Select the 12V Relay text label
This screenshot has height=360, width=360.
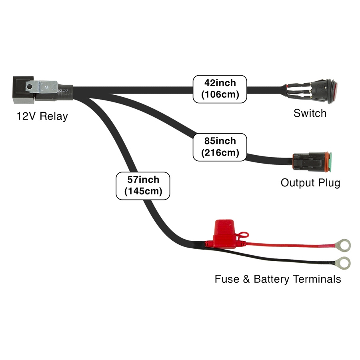coord(42,116)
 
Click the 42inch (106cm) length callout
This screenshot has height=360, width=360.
coord(220,89)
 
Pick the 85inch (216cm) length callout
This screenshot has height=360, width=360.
coord(220,147)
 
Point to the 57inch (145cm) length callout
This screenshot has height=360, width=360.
coord(143,186)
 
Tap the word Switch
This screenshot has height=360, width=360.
coord(310,113)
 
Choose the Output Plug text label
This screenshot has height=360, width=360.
coord(310,183)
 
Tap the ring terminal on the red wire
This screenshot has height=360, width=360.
coord(344,242)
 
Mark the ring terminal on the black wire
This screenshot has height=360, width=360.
coord(344,263)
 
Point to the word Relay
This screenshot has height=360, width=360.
coord(54,116)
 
